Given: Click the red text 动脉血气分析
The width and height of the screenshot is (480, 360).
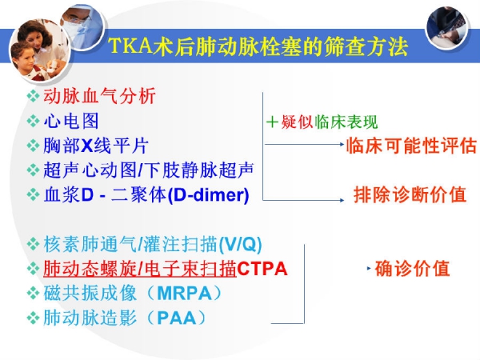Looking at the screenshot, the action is click(100, 96).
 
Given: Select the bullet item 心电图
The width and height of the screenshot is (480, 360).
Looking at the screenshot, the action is click(71, 121).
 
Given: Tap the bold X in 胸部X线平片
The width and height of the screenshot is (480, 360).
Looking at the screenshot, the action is click(87, 146).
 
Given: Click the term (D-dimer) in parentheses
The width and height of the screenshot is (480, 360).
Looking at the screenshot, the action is click(209, 194).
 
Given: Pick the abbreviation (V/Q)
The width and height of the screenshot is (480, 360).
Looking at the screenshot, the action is click(241, 244).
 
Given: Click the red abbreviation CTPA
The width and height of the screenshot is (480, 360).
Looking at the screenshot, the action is click(262, 269).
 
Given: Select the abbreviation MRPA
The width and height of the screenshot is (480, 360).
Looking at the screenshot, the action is click(184, 294).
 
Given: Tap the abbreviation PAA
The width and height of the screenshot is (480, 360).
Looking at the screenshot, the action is click(176, 318).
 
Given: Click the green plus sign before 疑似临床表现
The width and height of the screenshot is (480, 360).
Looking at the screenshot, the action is click(272, 122).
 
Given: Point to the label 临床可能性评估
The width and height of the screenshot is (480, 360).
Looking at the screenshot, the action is click(412, 145).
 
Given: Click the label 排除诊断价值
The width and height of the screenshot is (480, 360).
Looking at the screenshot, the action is click(410, 194).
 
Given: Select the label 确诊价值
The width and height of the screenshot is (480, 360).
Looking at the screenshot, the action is click(412, 268).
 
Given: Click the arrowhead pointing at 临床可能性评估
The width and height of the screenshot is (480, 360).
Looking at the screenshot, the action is click(342, 144).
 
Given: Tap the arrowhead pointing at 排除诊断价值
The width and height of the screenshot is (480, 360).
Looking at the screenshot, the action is click(342, 200).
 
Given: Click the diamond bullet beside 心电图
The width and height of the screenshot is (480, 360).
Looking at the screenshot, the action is click(33, 121).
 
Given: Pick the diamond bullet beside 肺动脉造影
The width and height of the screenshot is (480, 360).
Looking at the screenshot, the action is click(33, 318).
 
